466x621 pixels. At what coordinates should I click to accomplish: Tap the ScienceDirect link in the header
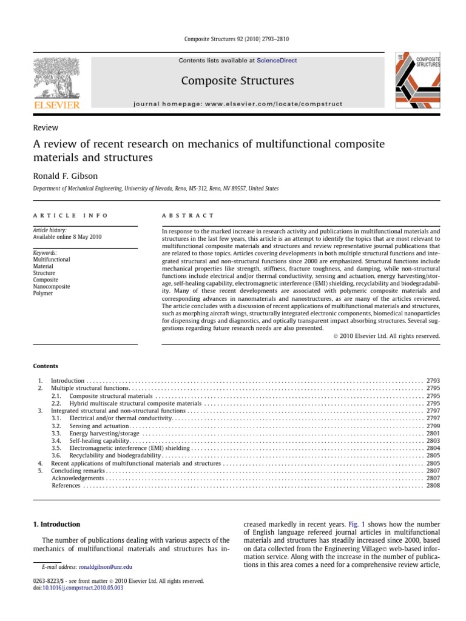coord(277,61)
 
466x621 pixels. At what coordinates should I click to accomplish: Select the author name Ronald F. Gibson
coord(65,175)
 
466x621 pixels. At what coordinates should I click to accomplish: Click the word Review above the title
coord(45,128)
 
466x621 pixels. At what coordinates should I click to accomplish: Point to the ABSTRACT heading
coord(187,215)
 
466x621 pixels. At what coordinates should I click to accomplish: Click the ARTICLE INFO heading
coord(71,215)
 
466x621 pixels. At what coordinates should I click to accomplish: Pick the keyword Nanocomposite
coord(52,286)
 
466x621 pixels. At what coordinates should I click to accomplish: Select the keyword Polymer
coord(44,293)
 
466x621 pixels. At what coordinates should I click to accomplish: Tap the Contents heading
coord(46,366)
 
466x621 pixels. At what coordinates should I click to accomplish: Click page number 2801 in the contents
coord(433,433)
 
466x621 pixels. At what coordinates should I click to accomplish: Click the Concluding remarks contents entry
coord(78,471)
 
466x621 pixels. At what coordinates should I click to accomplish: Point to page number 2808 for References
coord(433,485)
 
